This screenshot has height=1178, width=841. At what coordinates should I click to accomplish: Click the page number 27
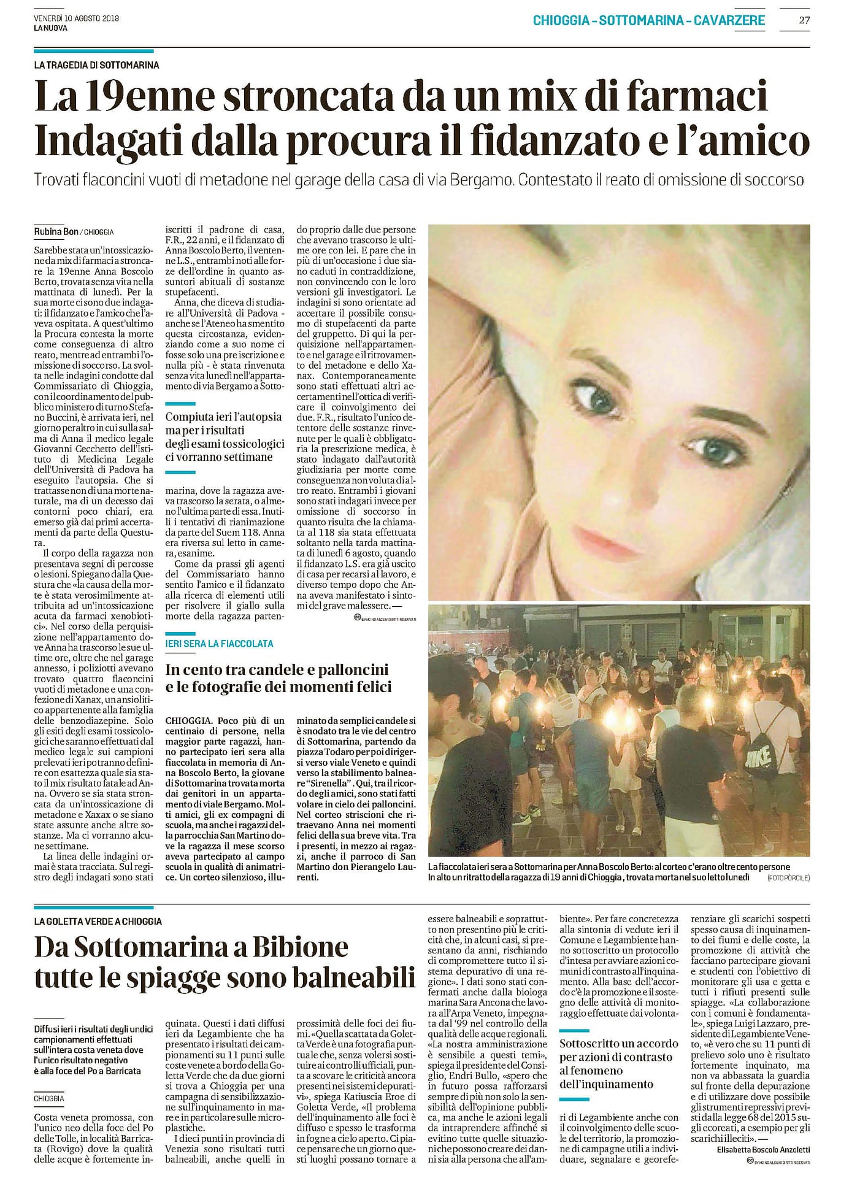[x=804, y=20]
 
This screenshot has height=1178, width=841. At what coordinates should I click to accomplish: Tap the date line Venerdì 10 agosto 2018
[x=76, y=18]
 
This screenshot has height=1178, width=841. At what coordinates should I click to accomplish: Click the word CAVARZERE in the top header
[x=729, y=20]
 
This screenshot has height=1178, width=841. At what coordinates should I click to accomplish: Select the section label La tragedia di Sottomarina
[x=96, y=65]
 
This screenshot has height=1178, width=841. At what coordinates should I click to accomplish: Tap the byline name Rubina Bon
[x=56, y=231]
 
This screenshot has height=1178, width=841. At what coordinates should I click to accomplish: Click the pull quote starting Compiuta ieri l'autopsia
[x=225, y=436]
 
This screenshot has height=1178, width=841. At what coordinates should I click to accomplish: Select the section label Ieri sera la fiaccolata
[x=219, y=644]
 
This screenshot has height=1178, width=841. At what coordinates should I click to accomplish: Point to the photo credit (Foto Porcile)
[x=788, y=878]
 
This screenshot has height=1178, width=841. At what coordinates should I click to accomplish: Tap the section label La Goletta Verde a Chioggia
[x=98, y=921]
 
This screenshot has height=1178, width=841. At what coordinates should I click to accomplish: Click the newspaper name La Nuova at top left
[x=50, y=28]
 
